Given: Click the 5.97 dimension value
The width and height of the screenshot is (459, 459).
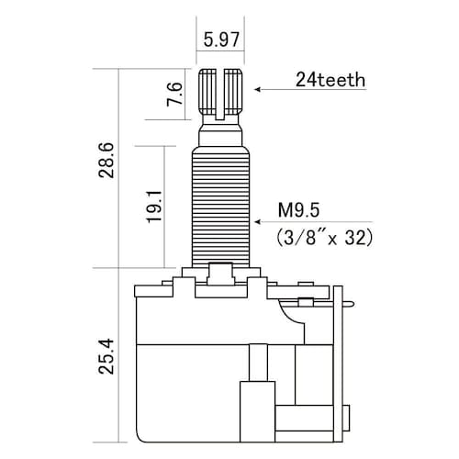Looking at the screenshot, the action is coord(221,39).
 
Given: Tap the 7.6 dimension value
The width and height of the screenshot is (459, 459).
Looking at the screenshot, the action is coord(174,95).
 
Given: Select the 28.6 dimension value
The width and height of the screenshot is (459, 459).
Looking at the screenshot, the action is coord(106,160).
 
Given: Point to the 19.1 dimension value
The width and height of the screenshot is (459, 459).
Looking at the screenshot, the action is coord(155,207).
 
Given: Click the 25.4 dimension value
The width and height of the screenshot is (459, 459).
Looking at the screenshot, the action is coord(106,356).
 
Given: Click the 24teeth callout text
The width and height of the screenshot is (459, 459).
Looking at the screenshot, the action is coord(330,80).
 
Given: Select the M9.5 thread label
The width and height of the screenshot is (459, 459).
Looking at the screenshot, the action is coord(298,210).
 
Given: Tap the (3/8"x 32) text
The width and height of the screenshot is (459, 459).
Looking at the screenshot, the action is coord(324,237).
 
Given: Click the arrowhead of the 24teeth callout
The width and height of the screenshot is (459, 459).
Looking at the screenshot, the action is coord(257,89).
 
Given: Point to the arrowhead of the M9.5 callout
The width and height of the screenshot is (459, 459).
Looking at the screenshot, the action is coord(257,221).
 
